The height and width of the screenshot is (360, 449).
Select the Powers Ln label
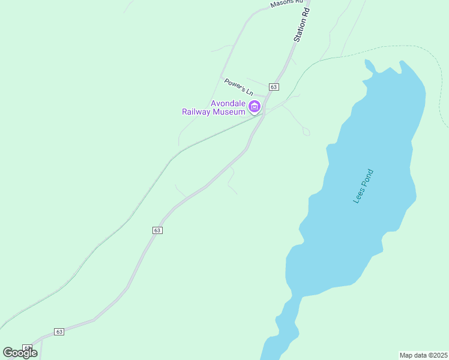pos(238,87)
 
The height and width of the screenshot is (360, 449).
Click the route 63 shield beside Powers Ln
pos(274,87)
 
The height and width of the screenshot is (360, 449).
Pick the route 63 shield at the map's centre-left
pos(157,230)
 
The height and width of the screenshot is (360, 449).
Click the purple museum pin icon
pos(255,107)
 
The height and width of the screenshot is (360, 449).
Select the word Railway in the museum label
pos(197,112)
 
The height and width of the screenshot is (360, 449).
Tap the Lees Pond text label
pos(364,186)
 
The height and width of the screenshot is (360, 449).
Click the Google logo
pos(20,353)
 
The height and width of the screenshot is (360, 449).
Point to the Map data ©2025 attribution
pos(423,355)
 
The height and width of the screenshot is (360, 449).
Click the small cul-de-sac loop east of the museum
pos(306,131)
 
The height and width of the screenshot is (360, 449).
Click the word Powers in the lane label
pos(234,85)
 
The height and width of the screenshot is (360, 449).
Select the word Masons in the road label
pos(280,4)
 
